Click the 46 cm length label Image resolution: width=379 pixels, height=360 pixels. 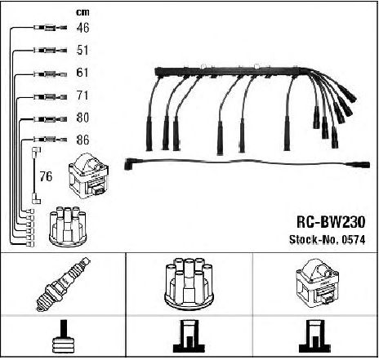[82, 28]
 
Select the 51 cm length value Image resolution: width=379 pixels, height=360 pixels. [82, 50]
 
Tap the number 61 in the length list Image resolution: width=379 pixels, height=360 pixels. [82, 73]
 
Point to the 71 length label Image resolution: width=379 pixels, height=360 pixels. [82, 96]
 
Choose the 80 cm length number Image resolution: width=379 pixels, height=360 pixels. [82, 118]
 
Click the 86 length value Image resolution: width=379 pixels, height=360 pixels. [82, 140]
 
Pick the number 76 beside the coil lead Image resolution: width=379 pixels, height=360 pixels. [46, 176]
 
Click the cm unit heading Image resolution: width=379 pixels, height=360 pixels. [82, 12]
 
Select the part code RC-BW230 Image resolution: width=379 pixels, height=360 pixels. [331, 222]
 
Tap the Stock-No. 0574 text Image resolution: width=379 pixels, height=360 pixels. [327, 240]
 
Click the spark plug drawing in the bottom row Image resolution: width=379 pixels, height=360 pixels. [64, 284]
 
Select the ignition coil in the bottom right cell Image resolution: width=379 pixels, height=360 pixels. [317, 283]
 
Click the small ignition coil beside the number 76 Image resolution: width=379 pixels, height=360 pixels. [89, 176]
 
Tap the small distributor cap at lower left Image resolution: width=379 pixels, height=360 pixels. [67, 226]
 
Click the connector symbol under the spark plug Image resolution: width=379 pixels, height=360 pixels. [64, 336]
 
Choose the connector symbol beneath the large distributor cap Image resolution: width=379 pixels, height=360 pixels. [189, 336]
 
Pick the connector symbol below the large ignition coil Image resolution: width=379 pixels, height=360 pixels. [315, 336]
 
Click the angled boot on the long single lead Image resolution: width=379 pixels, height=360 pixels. [128, 164]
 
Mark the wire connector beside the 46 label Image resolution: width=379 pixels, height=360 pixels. [50, 27]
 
